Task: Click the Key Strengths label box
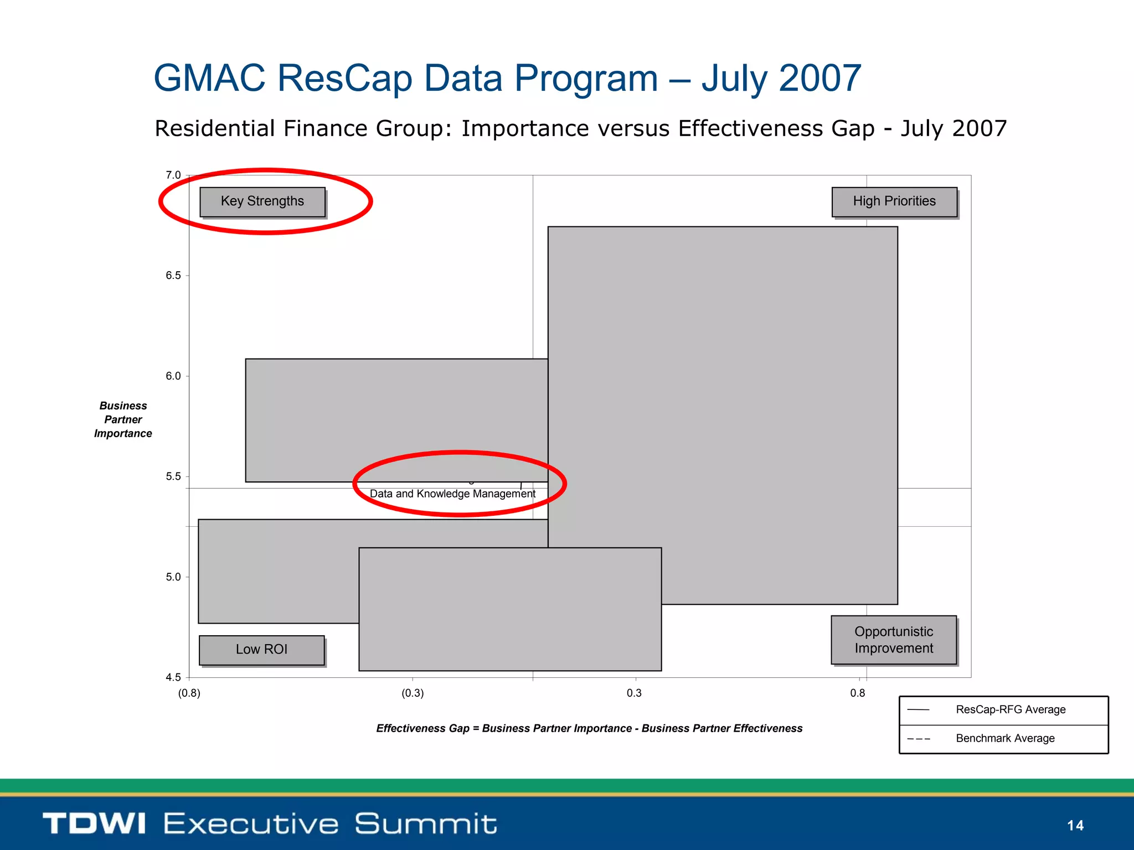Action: click(262, 201)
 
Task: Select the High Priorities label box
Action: click(894, 201)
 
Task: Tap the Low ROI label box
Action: click(261, 650)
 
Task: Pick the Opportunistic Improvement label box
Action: click(893, 640)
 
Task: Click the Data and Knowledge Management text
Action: click(452, 494)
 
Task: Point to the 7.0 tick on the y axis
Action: click(173, 175)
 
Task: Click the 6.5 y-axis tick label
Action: click(173, 276)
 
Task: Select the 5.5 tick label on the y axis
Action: click(173, 476)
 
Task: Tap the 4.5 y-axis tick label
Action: click(173, 677)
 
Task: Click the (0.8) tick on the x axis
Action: click(189, 693)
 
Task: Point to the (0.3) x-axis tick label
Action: click(413, 693)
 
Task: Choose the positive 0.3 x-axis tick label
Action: click(634, 693)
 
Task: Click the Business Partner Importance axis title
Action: click(123, 419)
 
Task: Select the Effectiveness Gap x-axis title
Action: click(589, 728)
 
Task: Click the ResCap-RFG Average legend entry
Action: click(1010, 709)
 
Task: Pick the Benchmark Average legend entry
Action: click(1004, 738)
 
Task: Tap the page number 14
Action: click(1075, 826)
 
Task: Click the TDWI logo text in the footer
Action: click(94, 823)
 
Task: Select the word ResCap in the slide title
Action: click(344, 78)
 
